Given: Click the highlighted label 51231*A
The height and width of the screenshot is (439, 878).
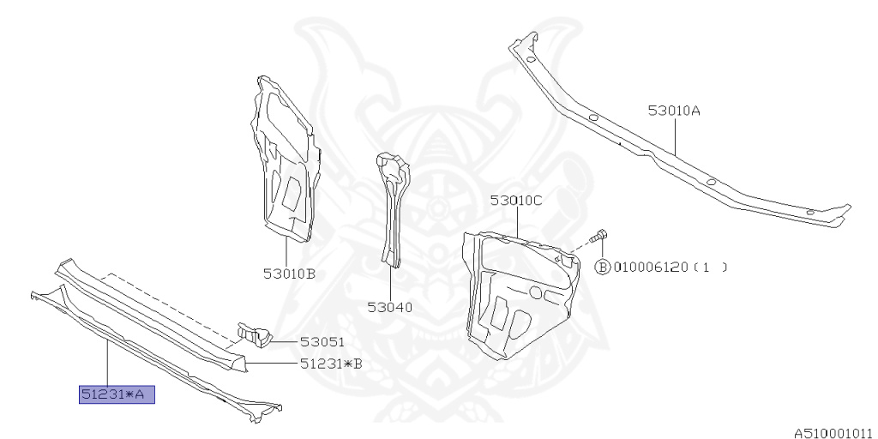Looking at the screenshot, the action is click(117, 394).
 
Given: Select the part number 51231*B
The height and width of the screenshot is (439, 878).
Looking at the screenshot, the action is click(331, 364).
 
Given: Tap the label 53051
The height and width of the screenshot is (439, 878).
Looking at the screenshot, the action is click(319, 341).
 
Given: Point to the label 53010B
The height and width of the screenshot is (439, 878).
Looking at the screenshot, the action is click(290, 274).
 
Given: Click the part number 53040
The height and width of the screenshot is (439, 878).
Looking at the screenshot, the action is click(390, 307).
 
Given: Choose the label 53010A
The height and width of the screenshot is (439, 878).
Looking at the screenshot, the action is click(674, 111).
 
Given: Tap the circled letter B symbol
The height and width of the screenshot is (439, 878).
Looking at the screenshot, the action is click(602, 267).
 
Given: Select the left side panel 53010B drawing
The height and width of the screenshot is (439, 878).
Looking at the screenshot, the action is click(285, 163).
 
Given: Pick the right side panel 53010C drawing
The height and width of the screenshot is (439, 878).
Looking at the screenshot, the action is click(514, 292).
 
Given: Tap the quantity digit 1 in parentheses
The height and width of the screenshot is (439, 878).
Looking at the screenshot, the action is click(707, 267).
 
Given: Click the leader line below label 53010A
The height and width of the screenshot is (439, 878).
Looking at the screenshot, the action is click(675, 135).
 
